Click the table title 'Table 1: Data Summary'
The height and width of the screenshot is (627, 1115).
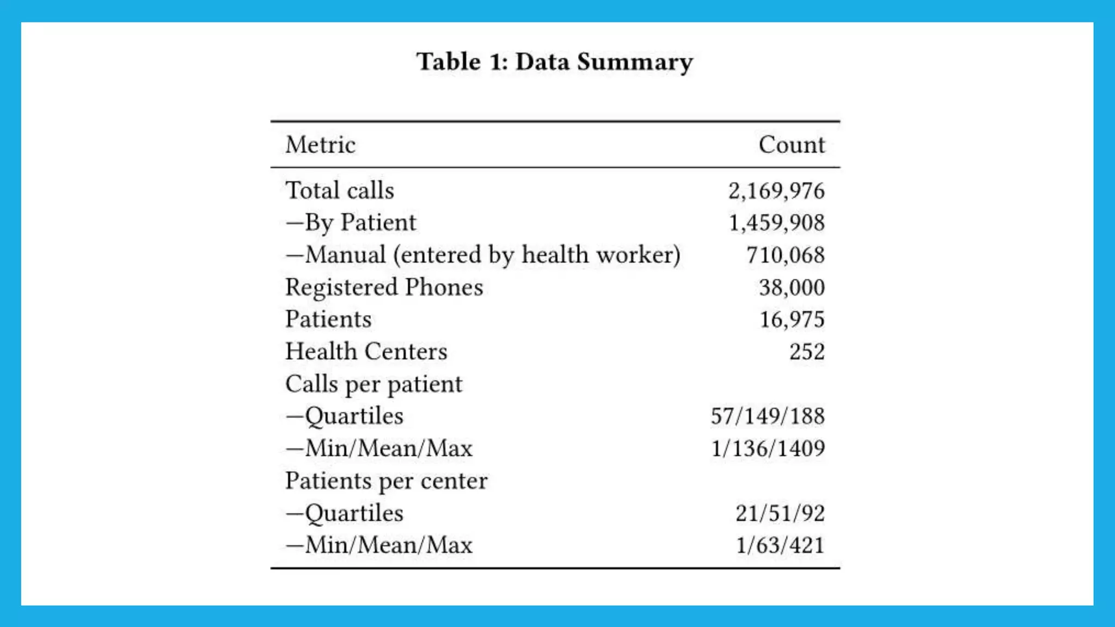pyautogui.click(x=554, y=62)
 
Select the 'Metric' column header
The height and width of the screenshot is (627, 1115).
pyautogui.click(x=320, y=145)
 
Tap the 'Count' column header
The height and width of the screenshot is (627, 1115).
pyautogui.click(x=792, y=145)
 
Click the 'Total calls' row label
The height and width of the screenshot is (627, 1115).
pyautogui.click(x=340, y=190)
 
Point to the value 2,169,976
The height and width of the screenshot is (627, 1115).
pyautogui.click(x=776, y=191)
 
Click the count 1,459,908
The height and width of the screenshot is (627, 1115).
pyautogui.click(x=776, y=223)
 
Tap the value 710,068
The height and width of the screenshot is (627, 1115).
pyautogui.click(x=785, y=255)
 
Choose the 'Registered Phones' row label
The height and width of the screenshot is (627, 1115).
pyautogui.click(x=384, y=287)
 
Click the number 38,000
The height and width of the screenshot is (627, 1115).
pyautogui.click(x=792, y=287)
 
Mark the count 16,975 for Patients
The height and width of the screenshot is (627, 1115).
pyautogui.click(x=792, y=319)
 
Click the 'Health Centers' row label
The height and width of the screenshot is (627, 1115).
pyautogui.click(x=366, y=352)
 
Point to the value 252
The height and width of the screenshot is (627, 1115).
pyautogui.click(x=807, y=352)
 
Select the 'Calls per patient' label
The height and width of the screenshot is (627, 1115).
pyautogui.click(x=373, y=384)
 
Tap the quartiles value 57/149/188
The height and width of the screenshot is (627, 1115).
pyautogui.click(x=768, y=416)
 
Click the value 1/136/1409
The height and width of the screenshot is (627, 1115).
pyautogui.click(x=768, y=448)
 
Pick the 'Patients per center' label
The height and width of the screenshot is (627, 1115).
pyautogui.click(x=386, y=481)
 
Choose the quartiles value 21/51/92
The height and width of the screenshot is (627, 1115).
pyautogui.click(x=780, y=513)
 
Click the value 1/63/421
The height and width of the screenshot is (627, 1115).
pyautogui.click(x=780, y=545)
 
